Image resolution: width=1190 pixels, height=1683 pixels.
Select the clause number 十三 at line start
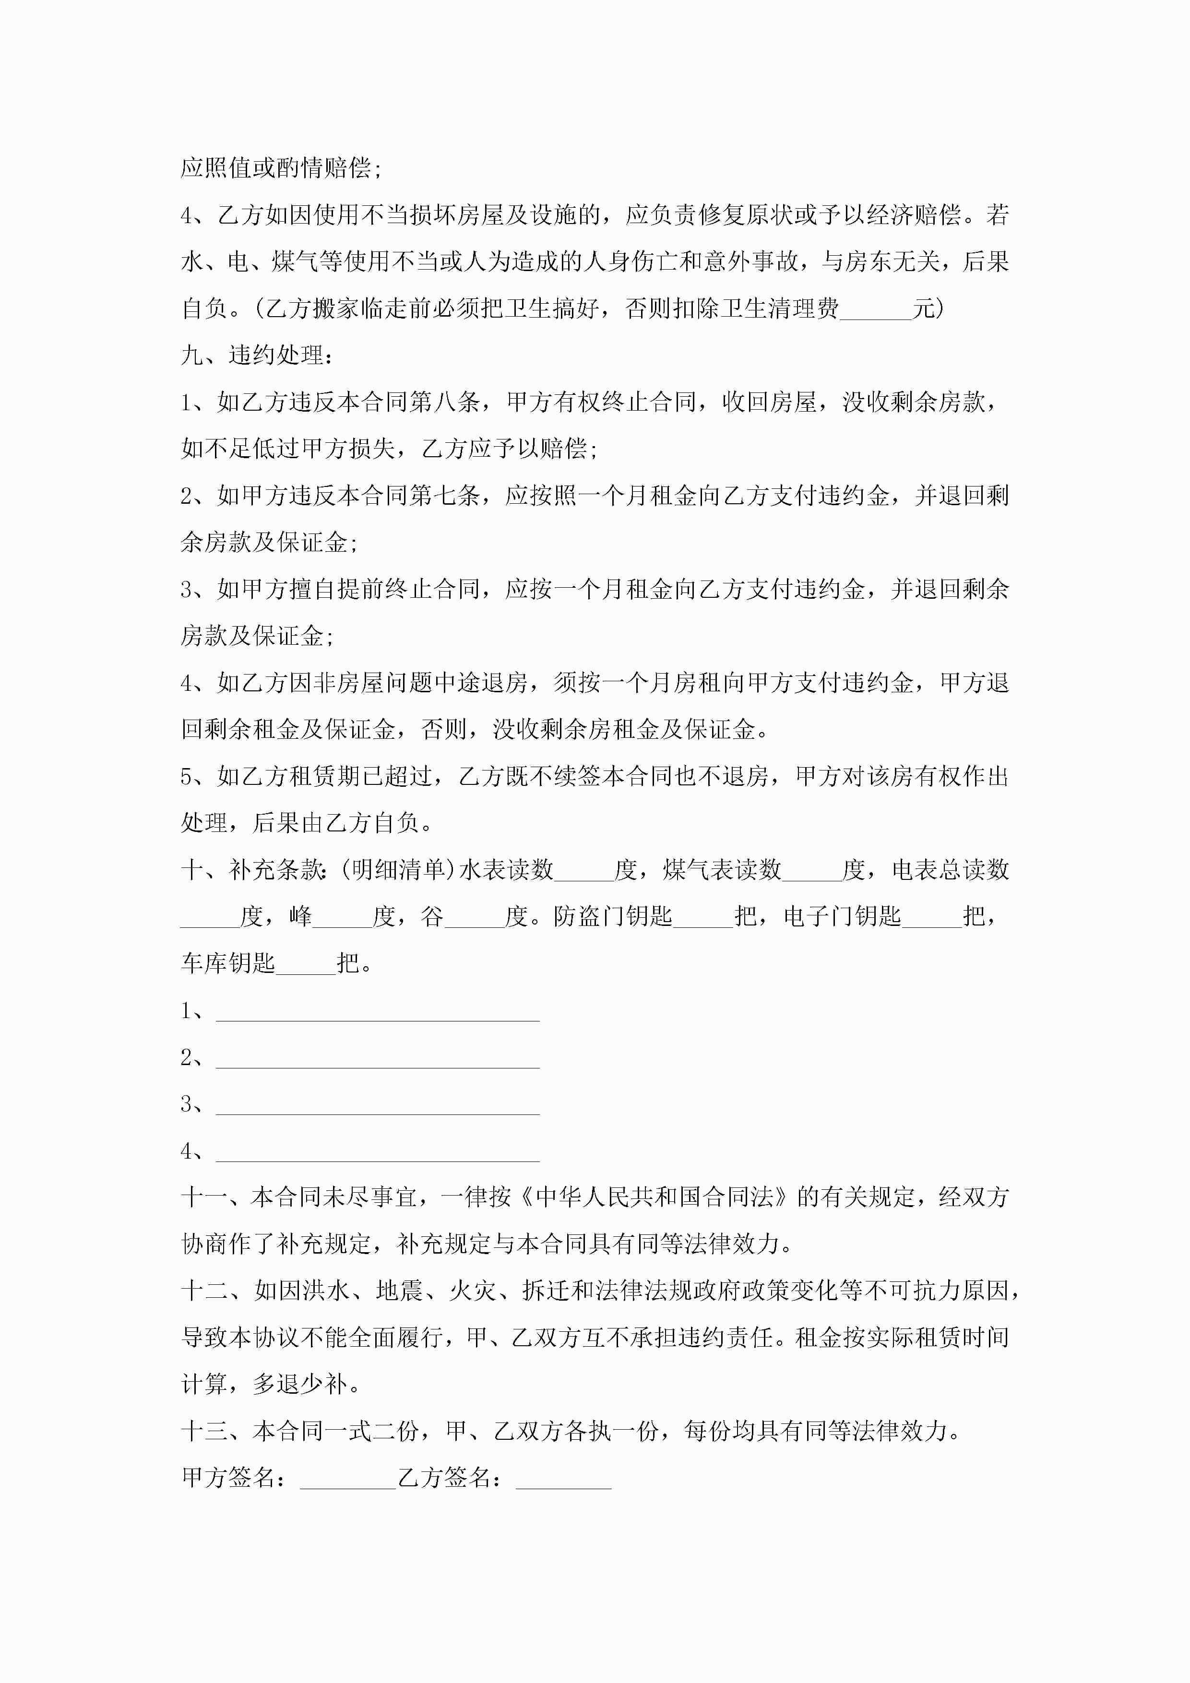[x=205, y=1431]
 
